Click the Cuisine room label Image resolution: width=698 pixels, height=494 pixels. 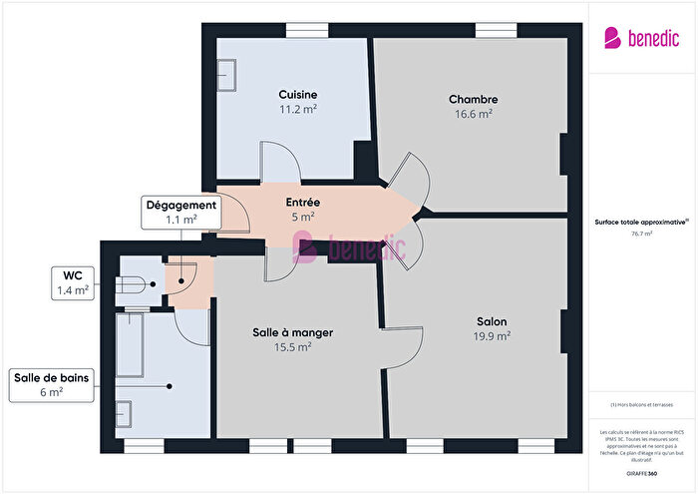[298, 95]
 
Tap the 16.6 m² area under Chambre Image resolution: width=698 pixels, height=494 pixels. [473, 115]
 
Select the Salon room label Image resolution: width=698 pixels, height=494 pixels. [491, 321]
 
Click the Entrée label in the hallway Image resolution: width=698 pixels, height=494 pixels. [302, 202]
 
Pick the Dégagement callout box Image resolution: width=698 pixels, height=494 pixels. [181, 213]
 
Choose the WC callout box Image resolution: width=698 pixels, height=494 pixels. [73, 283]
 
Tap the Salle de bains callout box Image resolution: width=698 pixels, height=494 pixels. [52, 384]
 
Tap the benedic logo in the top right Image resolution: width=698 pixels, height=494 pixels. [641, 38]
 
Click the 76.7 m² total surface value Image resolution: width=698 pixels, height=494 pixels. [642, 235]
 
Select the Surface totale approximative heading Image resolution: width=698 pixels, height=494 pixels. [641, 223]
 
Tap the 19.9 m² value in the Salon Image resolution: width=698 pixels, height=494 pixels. [492, 336]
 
